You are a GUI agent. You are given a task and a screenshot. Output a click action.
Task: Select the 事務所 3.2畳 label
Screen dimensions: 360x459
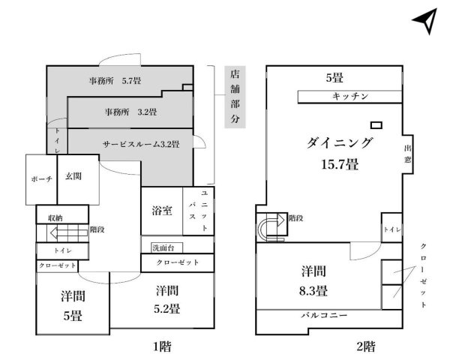[130, 112]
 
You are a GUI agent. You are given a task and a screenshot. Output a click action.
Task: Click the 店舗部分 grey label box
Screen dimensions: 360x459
[234, 97]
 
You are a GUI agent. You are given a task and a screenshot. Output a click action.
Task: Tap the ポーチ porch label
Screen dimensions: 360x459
[42, 180]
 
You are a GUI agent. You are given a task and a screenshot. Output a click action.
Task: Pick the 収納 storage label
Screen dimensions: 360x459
[55, 217]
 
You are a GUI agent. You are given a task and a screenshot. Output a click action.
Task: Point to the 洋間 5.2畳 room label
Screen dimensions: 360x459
[167, 298]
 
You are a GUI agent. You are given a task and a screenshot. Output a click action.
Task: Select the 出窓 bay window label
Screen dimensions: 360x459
[408, 154]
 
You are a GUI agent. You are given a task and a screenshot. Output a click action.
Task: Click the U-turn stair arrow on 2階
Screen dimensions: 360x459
[268, 227]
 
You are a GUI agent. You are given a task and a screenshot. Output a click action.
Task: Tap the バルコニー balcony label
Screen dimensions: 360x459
[325, 315]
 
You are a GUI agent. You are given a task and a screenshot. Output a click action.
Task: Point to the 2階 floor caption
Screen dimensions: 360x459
[365, 346]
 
